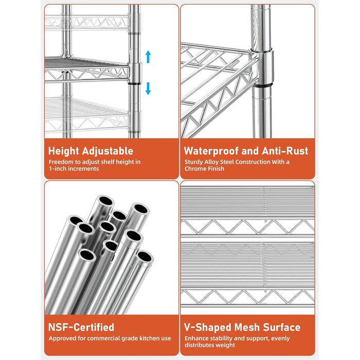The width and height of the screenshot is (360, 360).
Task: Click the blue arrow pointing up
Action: tap(148, 57)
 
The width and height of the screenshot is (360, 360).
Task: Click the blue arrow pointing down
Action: tap(148, 88)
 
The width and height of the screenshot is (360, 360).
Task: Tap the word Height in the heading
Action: tap(64, 151)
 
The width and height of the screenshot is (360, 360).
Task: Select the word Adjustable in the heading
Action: tap(107, 151)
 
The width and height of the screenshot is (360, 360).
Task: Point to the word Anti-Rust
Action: tap(285, 151)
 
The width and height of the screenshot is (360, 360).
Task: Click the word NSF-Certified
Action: tap(81, 327)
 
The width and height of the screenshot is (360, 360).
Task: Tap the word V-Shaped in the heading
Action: tap(208, 327)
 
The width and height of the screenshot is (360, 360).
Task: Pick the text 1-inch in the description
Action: tap(58, 169)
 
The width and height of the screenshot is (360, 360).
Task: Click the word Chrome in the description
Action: tap(195, 169)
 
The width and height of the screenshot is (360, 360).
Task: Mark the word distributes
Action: tap(199, 345)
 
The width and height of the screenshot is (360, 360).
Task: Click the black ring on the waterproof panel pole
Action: tap(263, 86)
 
